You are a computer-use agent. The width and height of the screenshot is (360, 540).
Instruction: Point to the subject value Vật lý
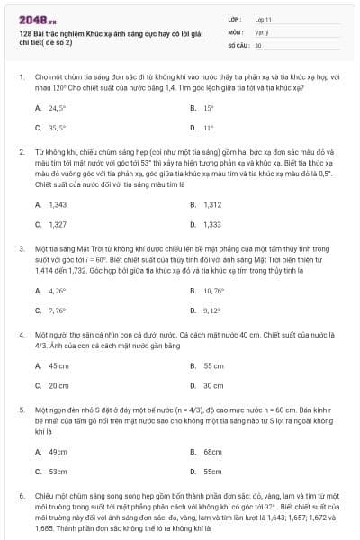(x=260, y=31)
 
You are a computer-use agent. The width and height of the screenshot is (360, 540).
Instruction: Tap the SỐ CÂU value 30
(x=257, y=44)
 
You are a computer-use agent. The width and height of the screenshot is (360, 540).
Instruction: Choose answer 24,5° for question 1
(x=58, y=107)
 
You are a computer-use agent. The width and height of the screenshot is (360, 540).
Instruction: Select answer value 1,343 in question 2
(x=58, y=204)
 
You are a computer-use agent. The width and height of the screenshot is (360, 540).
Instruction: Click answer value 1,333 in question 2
(x=212, y=224)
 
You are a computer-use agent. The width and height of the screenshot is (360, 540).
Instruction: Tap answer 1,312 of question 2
(x=212, y=204)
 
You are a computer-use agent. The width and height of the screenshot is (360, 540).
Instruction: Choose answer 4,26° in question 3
(x=58, y=291)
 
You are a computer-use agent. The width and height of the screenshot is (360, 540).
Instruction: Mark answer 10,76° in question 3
(x=213, y=291)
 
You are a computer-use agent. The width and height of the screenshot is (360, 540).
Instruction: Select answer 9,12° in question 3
(x=211, y=310)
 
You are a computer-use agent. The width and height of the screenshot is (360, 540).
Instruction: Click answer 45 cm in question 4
(x=58, y=366)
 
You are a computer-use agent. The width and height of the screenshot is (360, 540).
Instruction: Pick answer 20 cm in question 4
(x=58, y=385)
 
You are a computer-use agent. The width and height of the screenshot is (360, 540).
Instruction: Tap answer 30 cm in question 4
(x=213, y=385)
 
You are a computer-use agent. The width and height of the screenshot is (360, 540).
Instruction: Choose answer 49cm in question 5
(x=58, y=451)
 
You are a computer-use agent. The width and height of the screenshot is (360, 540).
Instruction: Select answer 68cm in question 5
(x=212, y=451)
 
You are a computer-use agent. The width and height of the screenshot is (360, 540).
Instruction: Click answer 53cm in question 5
(x=58, y=471)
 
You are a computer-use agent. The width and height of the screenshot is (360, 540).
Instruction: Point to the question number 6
(x=20, y=496)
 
